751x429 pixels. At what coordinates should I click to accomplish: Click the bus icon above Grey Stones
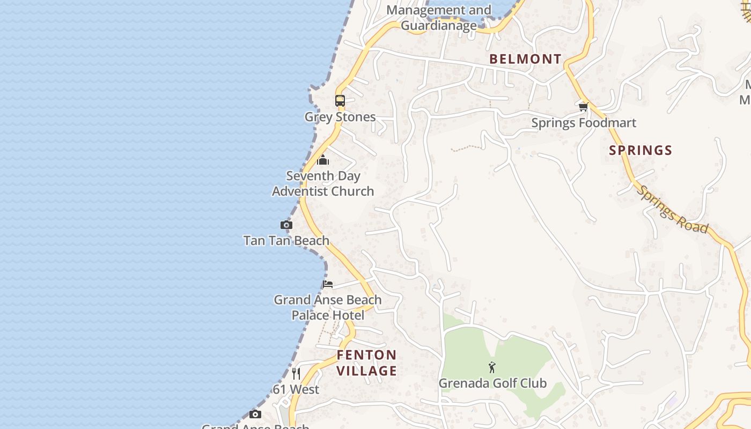coord(340,100)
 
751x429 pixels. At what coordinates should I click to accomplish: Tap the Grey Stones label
coord(340,117)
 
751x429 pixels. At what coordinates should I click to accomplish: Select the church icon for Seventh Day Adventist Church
coord(322,160)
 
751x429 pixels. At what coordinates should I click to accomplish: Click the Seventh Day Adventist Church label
coord(323,183)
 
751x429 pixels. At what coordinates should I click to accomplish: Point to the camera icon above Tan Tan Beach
coord(286,225)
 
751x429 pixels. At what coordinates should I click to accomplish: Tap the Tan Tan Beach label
coord(286,240)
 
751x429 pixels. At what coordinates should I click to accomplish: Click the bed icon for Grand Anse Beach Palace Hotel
coord(328,284)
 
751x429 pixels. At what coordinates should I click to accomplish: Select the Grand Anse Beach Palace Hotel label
coord(328,307)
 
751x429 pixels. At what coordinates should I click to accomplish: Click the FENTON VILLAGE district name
coord(367,363)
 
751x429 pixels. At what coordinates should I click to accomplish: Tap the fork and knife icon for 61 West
coord(296,373)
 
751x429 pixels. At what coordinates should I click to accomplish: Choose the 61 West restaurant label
coord(296,389)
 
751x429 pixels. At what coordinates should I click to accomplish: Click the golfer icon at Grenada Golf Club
coord(492,367)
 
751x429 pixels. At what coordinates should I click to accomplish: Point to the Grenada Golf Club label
coord(492,383)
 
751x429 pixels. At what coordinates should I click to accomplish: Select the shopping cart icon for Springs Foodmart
coord(584,107)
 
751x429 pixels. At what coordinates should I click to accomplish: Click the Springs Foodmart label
coord(584,123)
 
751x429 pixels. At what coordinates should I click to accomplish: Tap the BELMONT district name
coord(526,59)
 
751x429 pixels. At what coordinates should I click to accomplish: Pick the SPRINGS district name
coord(640,150)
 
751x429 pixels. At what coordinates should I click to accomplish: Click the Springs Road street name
coord(673,210)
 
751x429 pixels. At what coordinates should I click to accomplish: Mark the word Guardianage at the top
coord(439,25)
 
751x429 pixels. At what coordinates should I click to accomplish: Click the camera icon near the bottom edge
coord(255,414)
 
